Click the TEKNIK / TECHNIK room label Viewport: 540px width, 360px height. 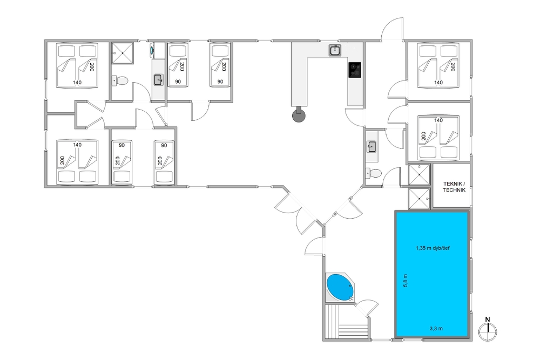coord(454,187)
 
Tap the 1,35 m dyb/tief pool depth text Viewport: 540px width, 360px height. coord(433,248)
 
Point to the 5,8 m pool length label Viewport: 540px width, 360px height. coord(406,281)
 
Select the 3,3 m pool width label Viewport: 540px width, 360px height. coord(436,328)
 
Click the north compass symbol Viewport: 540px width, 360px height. coord(488,330)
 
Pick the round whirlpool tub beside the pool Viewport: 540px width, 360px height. coord(340,287)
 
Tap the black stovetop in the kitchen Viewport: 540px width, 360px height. coord(355,70)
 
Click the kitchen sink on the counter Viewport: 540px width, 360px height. coord(334,50)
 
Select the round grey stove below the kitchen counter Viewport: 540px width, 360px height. coord(299,116)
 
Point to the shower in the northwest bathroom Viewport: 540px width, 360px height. coord(123,53)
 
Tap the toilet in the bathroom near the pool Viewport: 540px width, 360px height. coord(373,172)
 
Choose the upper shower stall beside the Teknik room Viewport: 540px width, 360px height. coord(419,175)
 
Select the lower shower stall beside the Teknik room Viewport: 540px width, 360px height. coord(419,199)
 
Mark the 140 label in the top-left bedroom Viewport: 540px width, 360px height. coord(77,82)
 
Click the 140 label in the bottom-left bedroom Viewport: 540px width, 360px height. coord(77,145)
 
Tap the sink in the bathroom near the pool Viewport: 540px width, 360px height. coord(372,147)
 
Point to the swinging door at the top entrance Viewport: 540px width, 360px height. coord(392,29)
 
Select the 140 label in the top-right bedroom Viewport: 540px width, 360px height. coord(438,82)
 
